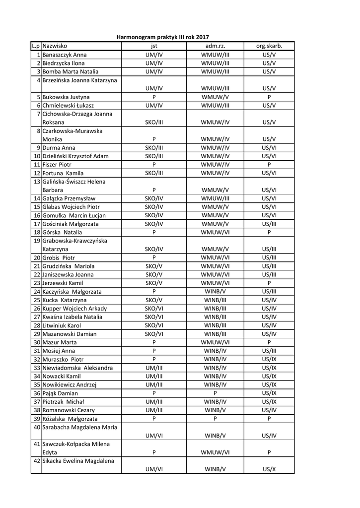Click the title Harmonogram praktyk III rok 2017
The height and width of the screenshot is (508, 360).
162,37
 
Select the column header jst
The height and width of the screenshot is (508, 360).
154,46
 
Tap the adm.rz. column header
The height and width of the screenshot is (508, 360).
215,46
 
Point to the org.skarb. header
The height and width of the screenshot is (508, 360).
269,46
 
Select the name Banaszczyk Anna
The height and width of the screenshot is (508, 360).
65,55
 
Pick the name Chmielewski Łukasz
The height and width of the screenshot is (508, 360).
68,105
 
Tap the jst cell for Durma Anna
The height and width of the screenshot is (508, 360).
154,147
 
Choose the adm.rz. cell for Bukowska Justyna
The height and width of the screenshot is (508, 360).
215,97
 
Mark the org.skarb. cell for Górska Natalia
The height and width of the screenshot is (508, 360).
269,232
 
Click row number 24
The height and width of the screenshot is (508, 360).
37,292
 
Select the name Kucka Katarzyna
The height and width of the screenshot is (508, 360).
65,300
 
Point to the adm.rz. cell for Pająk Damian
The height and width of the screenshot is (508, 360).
215,393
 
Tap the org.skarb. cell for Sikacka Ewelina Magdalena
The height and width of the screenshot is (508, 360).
269,469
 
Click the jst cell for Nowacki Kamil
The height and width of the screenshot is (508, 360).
154,376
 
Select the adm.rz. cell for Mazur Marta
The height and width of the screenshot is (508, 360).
215,342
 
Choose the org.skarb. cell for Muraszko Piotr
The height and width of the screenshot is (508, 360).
269,359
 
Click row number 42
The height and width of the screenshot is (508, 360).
37,461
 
